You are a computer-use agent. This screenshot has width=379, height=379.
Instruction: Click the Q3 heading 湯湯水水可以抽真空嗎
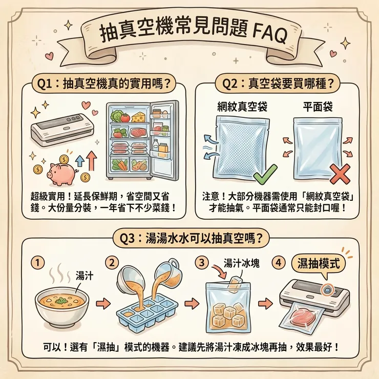tap(190, 239)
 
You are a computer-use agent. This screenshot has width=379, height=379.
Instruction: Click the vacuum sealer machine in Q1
tap(59, 129)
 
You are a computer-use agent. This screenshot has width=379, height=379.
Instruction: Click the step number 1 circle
tap(36, 262)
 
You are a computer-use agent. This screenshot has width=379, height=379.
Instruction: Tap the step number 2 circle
tap(111, 262)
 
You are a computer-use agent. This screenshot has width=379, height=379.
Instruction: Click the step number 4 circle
tap(279, 262)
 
